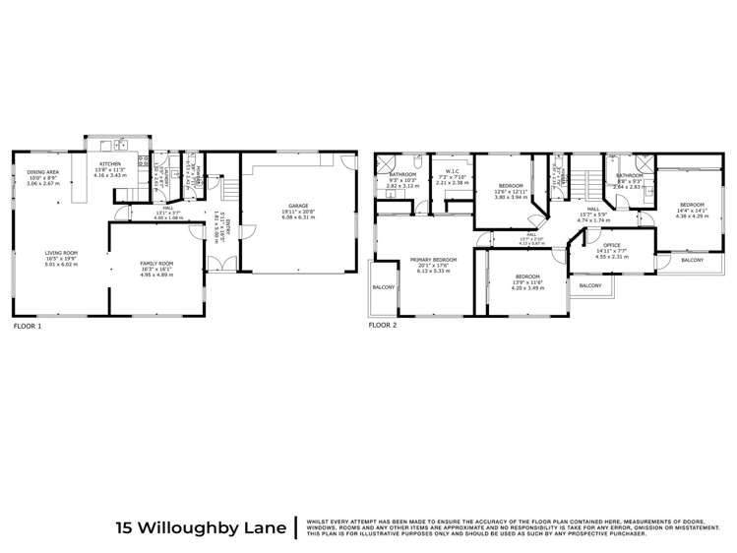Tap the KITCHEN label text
109,163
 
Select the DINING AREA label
43,172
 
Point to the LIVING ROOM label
60,253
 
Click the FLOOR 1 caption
27,324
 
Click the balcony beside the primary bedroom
383,287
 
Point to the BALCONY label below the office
590,285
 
